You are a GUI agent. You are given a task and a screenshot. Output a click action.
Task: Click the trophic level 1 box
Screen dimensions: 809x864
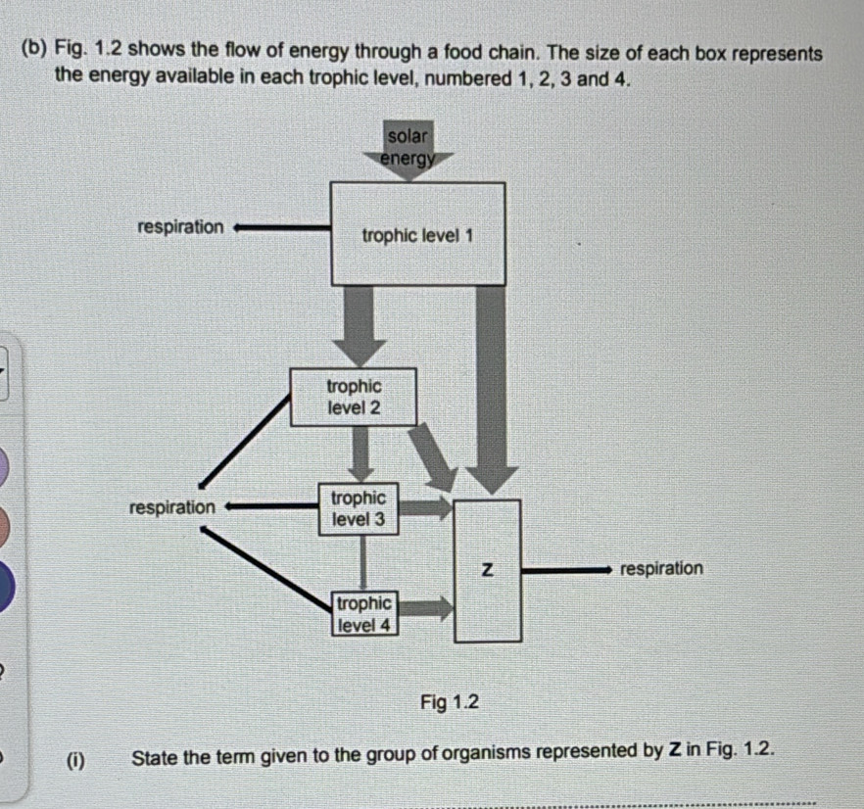(418, 234)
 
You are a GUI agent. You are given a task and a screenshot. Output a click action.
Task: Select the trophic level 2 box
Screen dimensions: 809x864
(354, 397)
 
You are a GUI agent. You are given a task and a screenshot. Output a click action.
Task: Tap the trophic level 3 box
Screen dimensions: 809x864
(360, 509)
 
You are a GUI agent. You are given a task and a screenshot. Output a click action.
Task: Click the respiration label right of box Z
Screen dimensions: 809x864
(661, 568)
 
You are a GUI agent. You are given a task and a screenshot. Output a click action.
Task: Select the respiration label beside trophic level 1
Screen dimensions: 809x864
(180, 227)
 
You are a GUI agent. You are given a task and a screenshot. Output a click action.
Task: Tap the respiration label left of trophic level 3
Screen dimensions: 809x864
(172, 507)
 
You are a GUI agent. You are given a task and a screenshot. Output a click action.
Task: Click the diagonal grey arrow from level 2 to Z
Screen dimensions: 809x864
(434, 455)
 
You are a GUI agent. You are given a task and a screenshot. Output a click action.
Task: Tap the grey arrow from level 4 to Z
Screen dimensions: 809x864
(426, 610)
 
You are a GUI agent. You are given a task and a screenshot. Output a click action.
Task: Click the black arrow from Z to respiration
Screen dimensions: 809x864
(568, 568)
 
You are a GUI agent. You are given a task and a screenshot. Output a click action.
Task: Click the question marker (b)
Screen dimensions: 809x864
(32, 51)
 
